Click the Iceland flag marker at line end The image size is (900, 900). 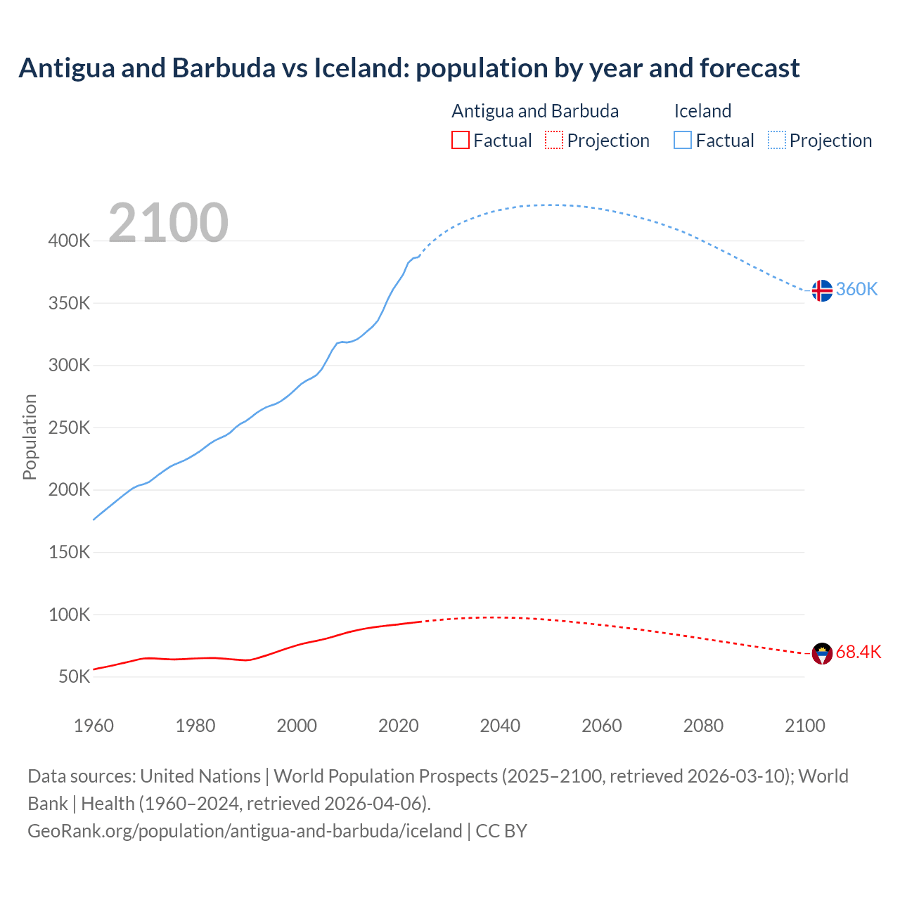tap(822, 290)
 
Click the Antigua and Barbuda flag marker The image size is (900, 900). tap(822, 653)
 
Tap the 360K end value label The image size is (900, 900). tap(856, 290)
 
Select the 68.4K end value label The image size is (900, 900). tap(858, 652)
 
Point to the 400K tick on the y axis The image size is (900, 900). tap(69, 241)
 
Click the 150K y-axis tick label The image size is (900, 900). tap(69, 553)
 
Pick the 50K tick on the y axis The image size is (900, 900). tap(74, 677)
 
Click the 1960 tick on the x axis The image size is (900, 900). tap(94, 726)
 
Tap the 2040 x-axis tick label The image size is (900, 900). tap(500, 726)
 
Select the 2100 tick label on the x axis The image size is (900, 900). tap(804, 726)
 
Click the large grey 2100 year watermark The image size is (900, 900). tap(168, 223)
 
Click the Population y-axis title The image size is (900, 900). tap(30, 437)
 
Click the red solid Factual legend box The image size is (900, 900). tap(460, 141)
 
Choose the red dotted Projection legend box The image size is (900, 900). tap(554, 141)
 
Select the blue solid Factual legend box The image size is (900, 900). tap(682, 141)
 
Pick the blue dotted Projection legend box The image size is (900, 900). tap(776, 141)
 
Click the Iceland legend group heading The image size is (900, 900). tap(702, 111)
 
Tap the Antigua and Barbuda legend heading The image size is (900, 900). tap(535, 111)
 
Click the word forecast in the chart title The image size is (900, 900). tap(750, 68)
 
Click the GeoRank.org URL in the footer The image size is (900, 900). tap(245, 831)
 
